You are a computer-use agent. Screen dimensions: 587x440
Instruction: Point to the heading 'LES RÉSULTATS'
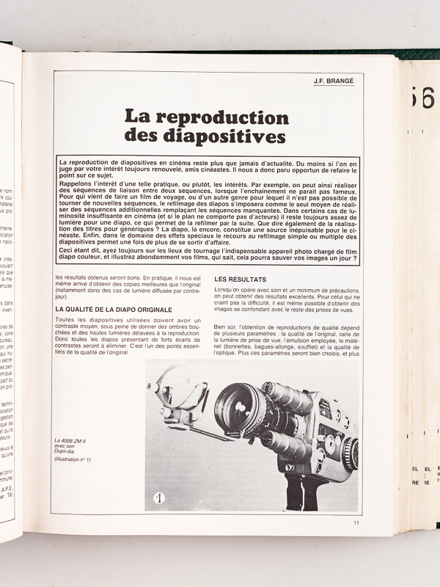[241, 280]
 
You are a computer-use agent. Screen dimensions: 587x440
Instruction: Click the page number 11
[356, 522]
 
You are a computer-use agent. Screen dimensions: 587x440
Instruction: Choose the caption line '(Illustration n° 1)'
[73, 459]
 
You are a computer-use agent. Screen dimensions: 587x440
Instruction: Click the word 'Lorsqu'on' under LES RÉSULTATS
[229, 291]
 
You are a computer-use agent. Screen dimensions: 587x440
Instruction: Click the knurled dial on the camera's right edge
[353, 453]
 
